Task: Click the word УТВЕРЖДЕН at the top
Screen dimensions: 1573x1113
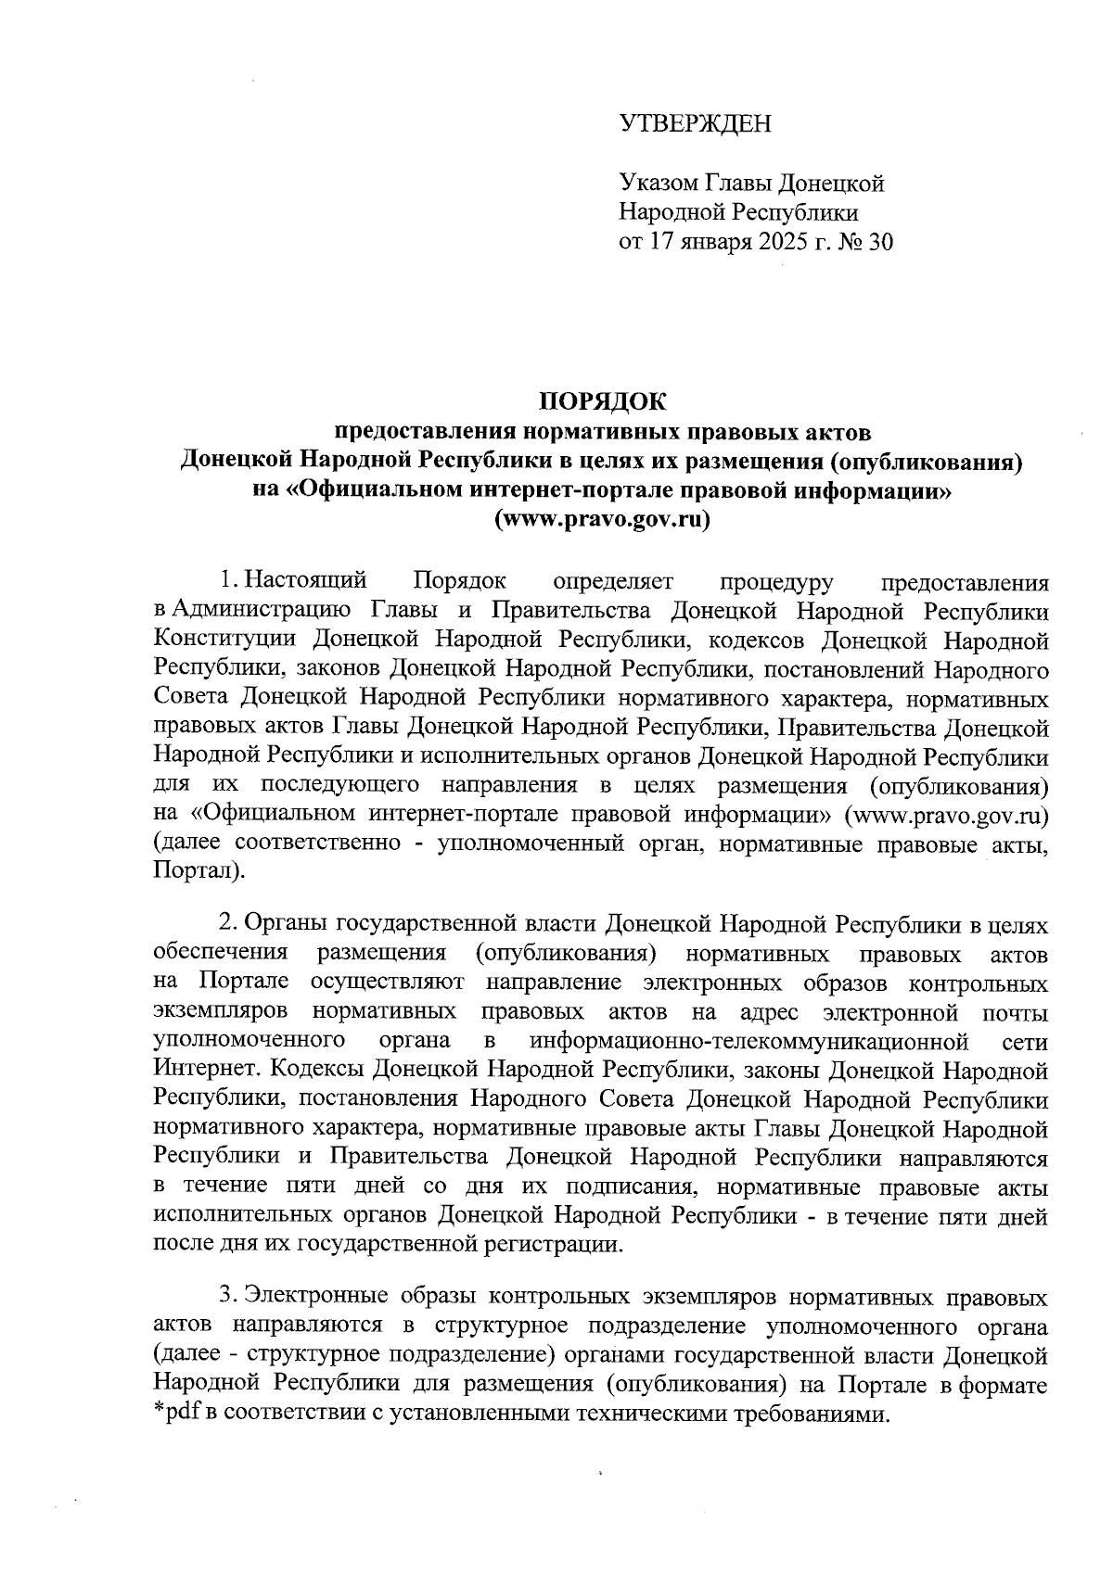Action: (695, 123)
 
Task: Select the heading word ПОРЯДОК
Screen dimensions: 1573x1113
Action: (603, 400)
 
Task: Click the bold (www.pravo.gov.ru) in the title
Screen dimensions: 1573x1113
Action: (603, 519)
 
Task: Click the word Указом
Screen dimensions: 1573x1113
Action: (654, 183)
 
